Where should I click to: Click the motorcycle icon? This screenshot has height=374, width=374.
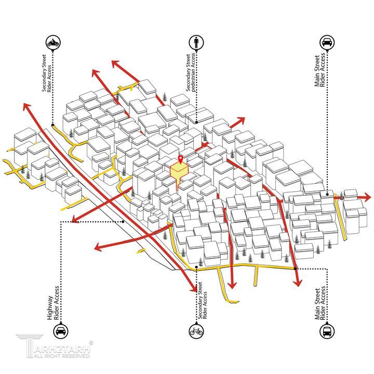(53, 43)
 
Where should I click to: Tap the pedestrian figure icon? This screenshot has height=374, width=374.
(196, 43)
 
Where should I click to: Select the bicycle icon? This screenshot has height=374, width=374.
(196, 331)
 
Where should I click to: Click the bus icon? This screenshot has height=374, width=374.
(327, 331)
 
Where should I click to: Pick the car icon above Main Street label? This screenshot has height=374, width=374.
(327, 43)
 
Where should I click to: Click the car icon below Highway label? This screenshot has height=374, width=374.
(61, 331)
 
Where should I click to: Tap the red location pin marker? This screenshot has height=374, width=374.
(181, 159)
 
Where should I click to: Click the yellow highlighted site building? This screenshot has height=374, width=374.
(179, 173)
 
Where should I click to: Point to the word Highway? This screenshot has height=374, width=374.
(50, 308)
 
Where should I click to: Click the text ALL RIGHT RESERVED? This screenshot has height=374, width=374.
(62, 356)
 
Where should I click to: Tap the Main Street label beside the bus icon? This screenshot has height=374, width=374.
(317, 304)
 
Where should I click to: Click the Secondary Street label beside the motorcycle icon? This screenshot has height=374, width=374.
(44, 73)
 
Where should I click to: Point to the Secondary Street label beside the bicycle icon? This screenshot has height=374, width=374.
(200, 301)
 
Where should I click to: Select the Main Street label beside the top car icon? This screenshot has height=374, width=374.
(317, 71)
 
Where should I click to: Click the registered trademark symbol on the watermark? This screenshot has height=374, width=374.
(91, 343)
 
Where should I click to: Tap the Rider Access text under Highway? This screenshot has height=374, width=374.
(56, 303)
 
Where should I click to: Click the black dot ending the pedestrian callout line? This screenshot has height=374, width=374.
(196, 122)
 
